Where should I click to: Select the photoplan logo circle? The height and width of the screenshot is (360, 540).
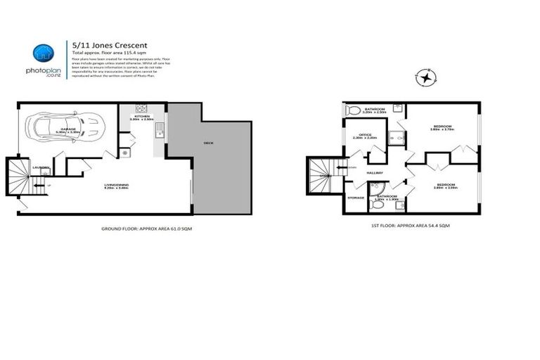pyautogui.click(x=44, y=54)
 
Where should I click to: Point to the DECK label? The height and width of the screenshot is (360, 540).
pyautogui.click(x=208, y=143)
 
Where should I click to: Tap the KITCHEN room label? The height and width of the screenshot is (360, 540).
pyautogui.click(x=141, y=116)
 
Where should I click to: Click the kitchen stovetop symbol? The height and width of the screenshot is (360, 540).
pyautogui.click(x=141, y=108)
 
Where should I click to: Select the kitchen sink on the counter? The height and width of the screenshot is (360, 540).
pyautogui.click(x=160, y=129)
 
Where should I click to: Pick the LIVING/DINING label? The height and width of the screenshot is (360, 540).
pyautogui.click(x=115, y=185)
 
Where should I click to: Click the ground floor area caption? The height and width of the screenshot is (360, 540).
pyautogui.click(x=137, y=230)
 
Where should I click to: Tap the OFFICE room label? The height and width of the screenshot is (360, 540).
pyautogui.click(x=364, y=135)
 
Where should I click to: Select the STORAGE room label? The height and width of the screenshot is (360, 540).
pyautogui.click(x=356, y=198)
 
